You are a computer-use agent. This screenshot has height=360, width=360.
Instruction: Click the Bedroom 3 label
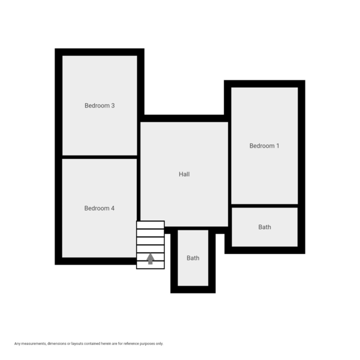pos(99,106)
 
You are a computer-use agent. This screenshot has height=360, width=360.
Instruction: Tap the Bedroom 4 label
pos(99,208)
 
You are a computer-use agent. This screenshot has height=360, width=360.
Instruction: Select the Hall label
pos(184,175)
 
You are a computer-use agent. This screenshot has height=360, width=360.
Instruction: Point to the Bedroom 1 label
pos(264,146)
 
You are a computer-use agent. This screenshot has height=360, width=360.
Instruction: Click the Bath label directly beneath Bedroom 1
pos(265,227)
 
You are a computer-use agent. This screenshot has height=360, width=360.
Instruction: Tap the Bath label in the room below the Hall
pos(193,258)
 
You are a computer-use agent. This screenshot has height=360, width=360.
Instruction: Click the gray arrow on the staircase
pos(151,259)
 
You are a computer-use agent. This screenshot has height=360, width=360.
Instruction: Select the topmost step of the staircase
pos(151,225)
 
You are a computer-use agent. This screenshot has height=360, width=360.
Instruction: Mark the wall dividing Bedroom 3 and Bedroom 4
pos(100,157)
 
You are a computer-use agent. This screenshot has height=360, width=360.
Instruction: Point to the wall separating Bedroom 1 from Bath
pos(265,206)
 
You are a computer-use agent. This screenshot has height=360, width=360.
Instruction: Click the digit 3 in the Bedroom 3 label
pos(113,106)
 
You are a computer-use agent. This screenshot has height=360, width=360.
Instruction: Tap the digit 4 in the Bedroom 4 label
pos(113,208)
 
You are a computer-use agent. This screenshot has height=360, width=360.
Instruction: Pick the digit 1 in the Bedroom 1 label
pos(278,146)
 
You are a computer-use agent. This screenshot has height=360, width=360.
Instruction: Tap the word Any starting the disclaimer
pos(17,344)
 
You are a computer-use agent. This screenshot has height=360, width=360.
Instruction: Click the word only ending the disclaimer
pos(159,344)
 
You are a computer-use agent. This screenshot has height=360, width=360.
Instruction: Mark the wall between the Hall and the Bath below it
pos(193,229)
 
